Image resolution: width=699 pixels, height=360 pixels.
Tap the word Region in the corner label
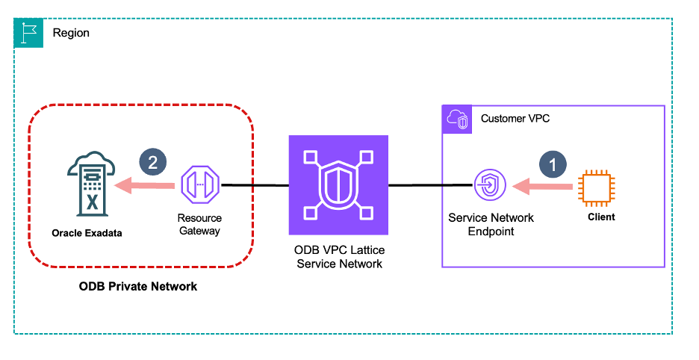tap(71, 34)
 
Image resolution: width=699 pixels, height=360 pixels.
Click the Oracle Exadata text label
tap(87, 233)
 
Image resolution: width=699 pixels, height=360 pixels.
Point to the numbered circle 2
tap(153, 164)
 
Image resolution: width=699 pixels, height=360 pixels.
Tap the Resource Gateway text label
tap(199, 224)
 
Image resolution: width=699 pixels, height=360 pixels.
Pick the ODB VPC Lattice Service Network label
tap(340, 257)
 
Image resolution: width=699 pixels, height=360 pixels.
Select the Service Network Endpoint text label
tap(491, 224)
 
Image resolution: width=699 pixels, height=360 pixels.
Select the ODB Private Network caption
tap(138, 286)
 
